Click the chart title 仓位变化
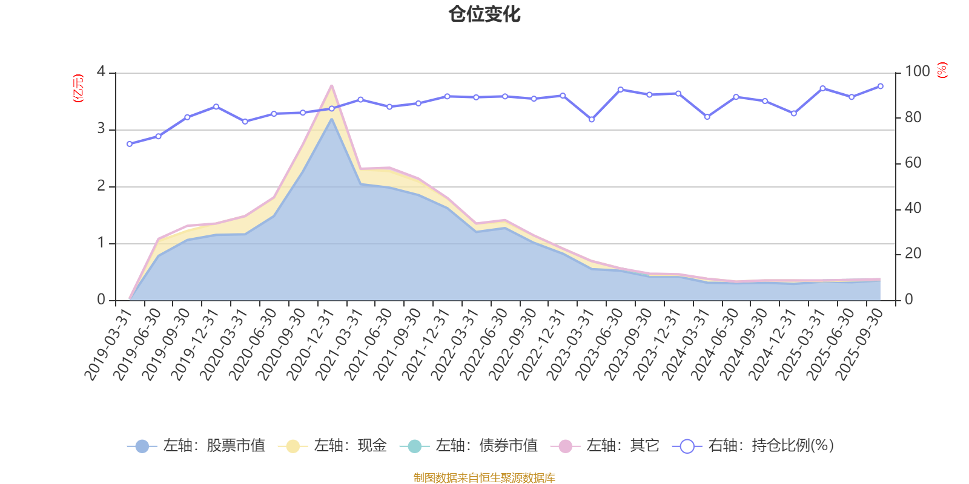pos(484,14)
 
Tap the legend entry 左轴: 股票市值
pos(197,446)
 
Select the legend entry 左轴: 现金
pos(332,446)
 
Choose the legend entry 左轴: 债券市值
pos(469,446)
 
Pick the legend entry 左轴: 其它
pos(605,446)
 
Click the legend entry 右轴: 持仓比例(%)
pos(753,446)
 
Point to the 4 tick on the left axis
pos(101,72)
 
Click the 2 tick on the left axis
pos(101,186)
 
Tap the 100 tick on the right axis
pos(917,72)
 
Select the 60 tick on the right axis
pos(913,163)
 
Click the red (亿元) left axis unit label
pos(78,88)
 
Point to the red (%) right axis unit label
pos(942,70)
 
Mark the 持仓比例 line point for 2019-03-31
pos(130,144)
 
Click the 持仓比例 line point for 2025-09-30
pos(880,87)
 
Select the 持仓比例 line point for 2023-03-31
pos(592,120)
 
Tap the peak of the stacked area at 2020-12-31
pos(331,86)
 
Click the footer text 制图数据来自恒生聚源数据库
pos(484,478)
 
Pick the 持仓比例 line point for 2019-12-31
pos(216,106)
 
